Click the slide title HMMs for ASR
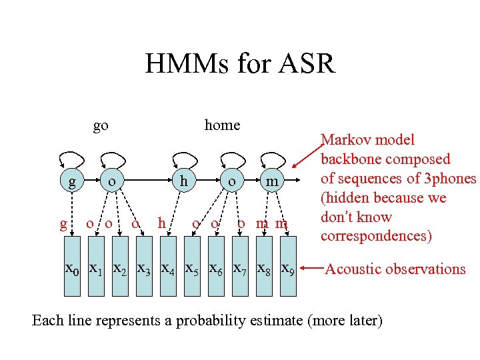[x=239, y=64]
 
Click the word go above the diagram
[x=101, y=125]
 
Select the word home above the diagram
[x=222, y=125]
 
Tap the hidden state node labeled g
[x=71, y=181]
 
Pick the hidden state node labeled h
[x=181, y=181]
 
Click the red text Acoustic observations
[x=395, y=269]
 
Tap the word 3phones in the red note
[x=449, y=179]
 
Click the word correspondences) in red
[x=376, y=236]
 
